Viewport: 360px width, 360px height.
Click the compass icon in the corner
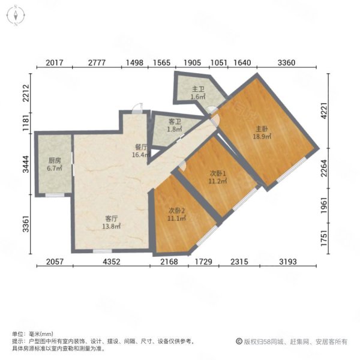(16, 16)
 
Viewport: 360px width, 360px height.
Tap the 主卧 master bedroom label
(262, 129)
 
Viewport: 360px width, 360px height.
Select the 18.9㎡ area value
(262, 137)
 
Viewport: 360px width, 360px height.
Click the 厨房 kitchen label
(55, 160)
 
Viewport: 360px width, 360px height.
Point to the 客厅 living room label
(112, 218)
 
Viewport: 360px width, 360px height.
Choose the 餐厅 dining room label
(141, 147)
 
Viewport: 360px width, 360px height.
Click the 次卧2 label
(177, 211)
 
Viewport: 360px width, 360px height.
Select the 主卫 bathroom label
(198, 89)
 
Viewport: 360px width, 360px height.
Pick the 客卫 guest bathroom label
(175, 122)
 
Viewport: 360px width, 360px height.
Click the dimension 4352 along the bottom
(112, 262)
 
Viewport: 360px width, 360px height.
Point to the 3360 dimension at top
(287, 62)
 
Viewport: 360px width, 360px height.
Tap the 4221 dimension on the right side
(324, 110)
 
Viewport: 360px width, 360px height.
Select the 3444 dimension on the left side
(26, 164)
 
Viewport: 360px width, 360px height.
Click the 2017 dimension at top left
(55, 62)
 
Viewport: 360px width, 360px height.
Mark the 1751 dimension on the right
(324, 238)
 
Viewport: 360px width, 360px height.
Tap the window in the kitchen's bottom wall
(55, 195)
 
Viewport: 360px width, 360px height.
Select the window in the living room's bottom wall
(102, 251)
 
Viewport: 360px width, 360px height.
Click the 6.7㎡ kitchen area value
(55, 168)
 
